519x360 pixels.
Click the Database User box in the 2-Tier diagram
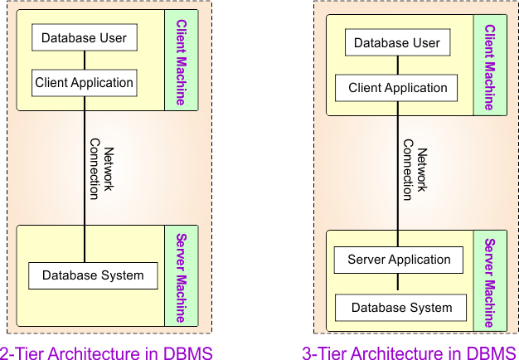pyautogui.click(x=84, y=38)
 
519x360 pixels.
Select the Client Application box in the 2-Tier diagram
pyautogui.click(x=84, y=83)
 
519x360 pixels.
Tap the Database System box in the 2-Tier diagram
pyautogui.click(x=93, y=275)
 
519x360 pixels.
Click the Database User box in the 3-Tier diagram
pyautogui.click(x=397, y=43)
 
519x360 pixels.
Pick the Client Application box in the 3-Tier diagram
pyautogui.click(x=397, y=88)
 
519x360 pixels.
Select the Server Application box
pyautogui.click(x=399, y=260)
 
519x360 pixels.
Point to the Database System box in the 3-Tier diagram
pyautogui.click(x=401, y=308)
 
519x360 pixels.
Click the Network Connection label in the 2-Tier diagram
pyautogui.click(x=101, y=168)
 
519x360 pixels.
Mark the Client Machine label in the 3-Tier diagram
pyautogui.click(x=489, y=67)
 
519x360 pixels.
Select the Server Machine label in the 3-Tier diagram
pyautogui.click(x=489, y=283)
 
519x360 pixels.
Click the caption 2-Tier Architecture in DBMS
pyautogui.click(x=106, y=353)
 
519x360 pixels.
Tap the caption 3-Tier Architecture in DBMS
pyautogui.click(x=410, y=353)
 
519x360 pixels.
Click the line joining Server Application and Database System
pyautogui.click(x=399, y=283)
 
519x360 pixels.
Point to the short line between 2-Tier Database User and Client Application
pyautogui.click(x=84, y=61)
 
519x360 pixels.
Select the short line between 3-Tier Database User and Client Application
pyautogui.click(x=397, y=66)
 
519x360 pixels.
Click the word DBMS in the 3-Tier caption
pyautogui.click(x=492, y=353)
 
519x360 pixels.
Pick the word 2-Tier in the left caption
pyautogui.click(x=22, y=353)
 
